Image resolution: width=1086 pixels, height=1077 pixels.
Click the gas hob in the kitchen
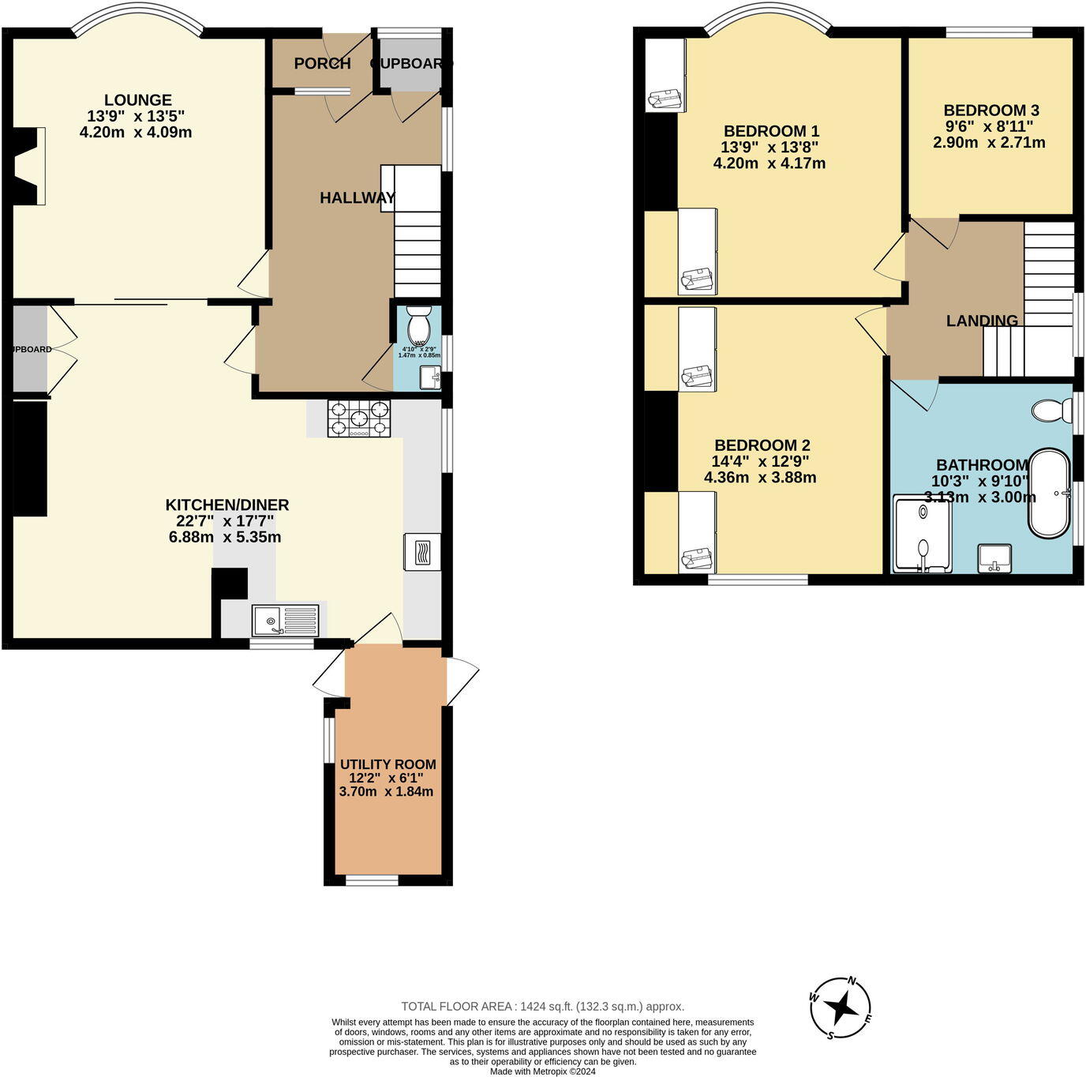359,418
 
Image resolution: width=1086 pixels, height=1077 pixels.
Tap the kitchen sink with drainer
286,621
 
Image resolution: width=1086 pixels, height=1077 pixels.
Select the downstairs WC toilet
418,323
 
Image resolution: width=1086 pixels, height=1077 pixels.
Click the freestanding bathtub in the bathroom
1049,493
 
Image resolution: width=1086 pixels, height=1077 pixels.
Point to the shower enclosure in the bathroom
922,534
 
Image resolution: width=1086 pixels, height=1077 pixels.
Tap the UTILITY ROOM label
388,764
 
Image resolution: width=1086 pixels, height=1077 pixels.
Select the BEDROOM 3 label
991,111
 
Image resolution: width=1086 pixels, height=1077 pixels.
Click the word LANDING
982,321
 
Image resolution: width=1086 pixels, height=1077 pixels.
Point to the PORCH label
322,63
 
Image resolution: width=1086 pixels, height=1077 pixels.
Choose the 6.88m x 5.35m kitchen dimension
225,538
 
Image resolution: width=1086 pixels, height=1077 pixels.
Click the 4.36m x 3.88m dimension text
760,478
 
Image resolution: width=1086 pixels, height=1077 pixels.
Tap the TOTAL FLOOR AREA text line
542,1006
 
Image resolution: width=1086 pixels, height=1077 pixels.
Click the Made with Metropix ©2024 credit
542,1071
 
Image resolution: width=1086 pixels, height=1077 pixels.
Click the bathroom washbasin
994,558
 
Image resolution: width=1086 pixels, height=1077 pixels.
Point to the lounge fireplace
28,167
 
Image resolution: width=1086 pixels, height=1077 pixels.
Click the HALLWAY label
357,198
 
